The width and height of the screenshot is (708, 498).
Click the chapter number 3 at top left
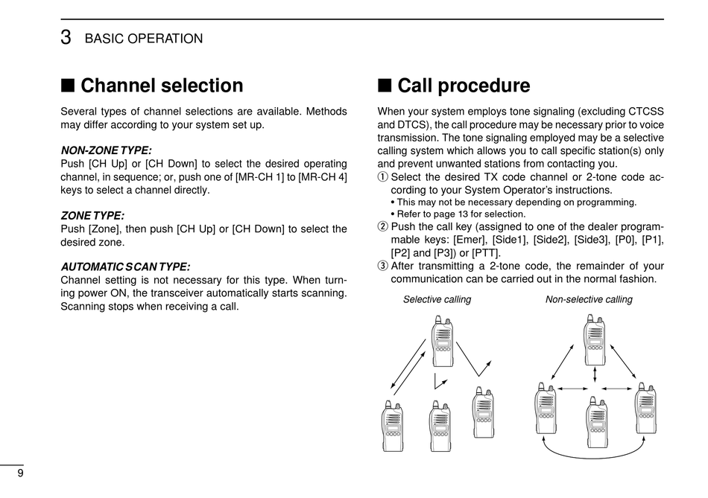pyautogui.click(x=66, y=38)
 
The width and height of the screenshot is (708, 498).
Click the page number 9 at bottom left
pyautogui.click(x=20, y=473)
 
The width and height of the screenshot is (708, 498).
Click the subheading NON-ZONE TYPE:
pyautogui.click(x=106, y=150)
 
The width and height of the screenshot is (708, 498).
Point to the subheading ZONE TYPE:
pyautogui.click(x=92, y=216)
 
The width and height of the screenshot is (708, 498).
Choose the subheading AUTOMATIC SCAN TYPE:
pyautogui.click(x=124, y=266)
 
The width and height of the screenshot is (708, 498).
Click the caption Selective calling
pyautogui.click(x=437, y=299)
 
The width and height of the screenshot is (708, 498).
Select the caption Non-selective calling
pyautogui.click(x=589, y=299)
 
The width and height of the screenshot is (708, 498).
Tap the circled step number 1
pyautogui.click(x=383, y=177)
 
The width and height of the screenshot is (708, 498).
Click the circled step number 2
pyautogui.click(x=383, y=227)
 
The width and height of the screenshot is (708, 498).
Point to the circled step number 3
pyautogui.click(x=383, y=266)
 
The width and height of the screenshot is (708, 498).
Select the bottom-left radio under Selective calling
pyautogui.click(x=392, y=427)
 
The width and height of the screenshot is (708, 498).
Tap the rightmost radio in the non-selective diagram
pyautogui.click(x=645, y=408)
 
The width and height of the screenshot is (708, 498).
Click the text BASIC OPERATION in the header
pyautogui.click(x=144, y=39)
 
